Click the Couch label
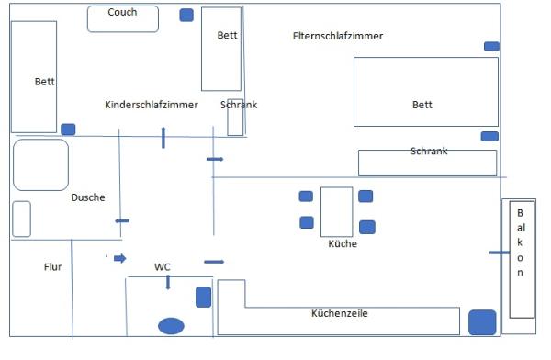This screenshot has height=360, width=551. pyautogui.click(x=122, y=12)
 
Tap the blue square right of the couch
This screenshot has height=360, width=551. pyautogui.click(x=186, y=15)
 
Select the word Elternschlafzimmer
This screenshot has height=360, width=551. pyautogui.click(x=337, y=36)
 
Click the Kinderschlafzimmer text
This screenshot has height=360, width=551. pyautogui.click(x=152, y=105)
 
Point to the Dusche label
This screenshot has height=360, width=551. pyautogui.click(x=88, y=197)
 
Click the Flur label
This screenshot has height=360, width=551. pyautogui.click(x=52, y=267)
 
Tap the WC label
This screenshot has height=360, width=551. pyautogui.click(x=163, y=267)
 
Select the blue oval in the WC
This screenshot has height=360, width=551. pyautogui.click(x=171, y=325)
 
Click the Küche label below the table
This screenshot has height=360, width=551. pyautogui.click(x=343, y=244)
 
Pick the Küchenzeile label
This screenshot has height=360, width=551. pyautogui.click(x=340, y=313)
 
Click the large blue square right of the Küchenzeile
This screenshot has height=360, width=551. pyautogui.click(x=482, y=322)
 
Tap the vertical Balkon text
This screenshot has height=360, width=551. pyautogui.click(x=520, y=242)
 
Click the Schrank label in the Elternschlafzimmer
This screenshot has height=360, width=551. pyautogui.click(x=429, y=151)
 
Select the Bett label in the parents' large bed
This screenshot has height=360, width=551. pyautogui.click(x=422, y=105)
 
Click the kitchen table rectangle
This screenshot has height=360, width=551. pyautogui.click(x=337, y=211)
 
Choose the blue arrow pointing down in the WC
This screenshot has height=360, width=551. pyautogui.click(x=168, y=282)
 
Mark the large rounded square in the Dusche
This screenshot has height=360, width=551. pyautogui.click(x=40, y=164)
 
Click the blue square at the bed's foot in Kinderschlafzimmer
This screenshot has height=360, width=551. pyautogui.click(x=68, y=129)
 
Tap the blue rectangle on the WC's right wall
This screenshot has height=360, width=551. pyautogui.click(x=203, y=297)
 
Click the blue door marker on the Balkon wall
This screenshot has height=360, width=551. pyautogui.click(x=499, y=253)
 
